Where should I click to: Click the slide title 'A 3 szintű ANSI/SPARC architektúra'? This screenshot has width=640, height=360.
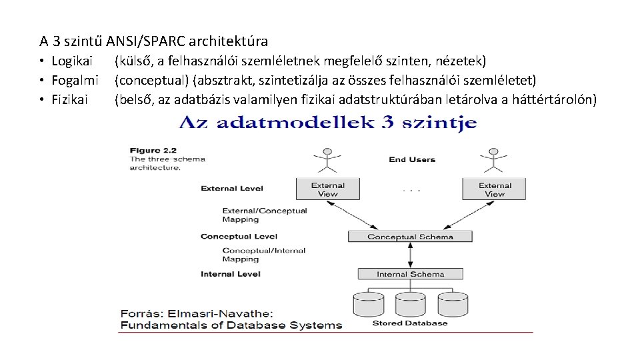pos(153,41)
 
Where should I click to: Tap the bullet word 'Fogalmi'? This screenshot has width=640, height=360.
pos(75,81)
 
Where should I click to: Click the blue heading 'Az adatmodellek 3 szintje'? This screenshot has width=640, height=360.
pos(327,123)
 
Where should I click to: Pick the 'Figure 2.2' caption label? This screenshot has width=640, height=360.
pos(154,151)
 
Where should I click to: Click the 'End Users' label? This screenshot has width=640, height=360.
pos(411,159)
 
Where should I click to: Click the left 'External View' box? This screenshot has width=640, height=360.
pos(327,189)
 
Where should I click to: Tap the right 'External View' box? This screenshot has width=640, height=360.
pos(495,189)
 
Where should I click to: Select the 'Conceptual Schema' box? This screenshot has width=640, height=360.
pos(410,237)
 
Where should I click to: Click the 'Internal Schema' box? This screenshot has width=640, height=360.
pos(410,274)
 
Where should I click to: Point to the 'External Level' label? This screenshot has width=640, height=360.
pos(232,189)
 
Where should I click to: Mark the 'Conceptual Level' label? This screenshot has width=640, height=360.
pos(239,237)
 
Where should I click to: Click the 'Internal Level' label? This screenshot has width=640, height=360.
pos(231,274)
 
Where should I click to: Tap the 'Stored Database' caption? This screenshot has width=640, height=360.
pos(409,323)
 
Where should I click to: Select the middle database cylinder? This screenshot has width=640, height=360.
pos(410,305)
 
